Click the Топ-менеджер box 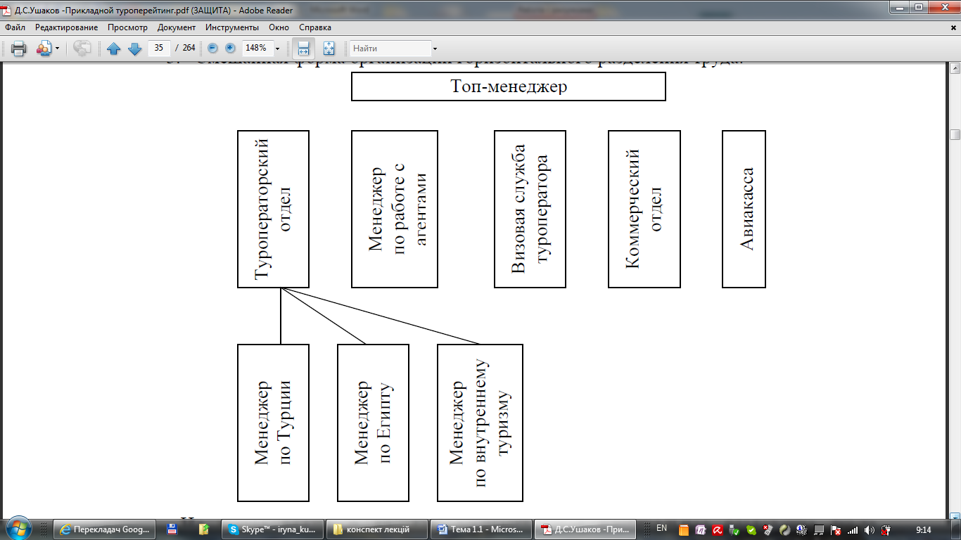coord(508,86)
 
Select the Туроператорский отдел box coord(273,209)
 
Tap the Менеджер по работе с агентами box coord(394,209)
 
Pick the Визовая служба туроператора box coord(530,209)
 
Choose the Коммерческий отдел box coord(644,209)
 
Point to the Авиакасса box coord(744,209)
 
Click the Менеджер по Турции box coord(273,423)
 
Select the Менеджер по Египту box coord(373,423)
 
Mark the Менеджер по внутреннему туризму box coord(480,423)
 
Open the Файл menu coord(15,27)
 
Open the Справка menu coord(314,27)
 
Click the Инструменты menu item coord(233,27)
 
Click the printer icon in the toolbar coord(18,49)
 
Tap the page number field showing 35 coord(160,49)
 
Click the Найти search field coord(390,49)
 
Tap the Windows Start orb coord(17,528)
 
